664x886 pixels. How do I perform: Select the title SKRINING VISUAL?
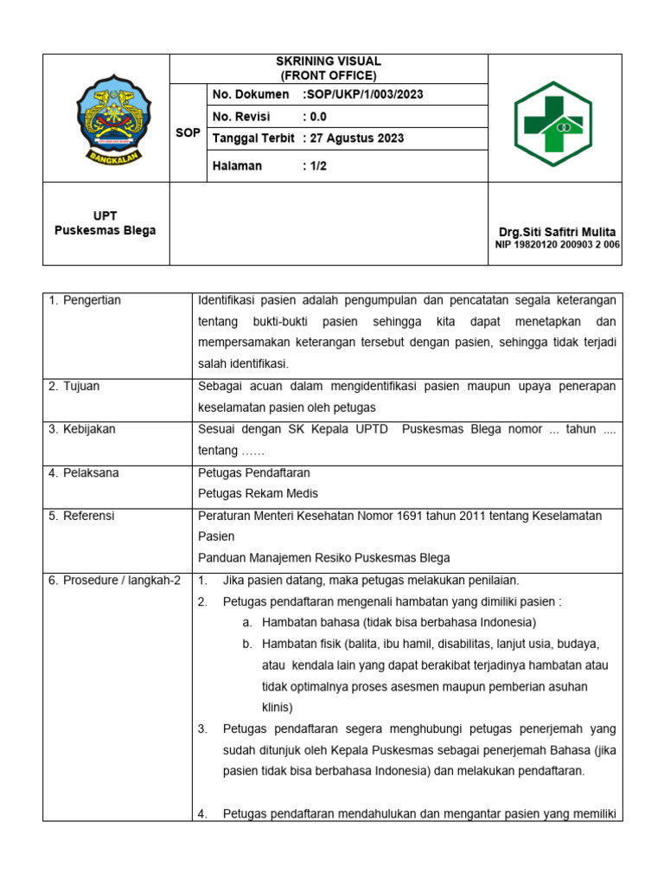coord(328,61)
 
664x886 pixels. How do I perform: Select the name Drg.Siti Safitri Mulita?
coord(557,232)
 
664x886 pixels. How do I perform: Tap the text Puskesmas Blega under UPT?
coord(105,230)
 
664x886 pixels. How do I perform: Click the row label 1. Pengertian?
coord(85,300)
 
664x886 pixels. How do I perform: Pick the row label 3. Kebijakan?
coord(82,429)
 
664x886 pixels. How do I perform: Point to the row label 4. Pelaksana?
coord(84,472)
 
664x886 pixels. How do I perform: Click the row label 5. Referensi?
coord(82,516)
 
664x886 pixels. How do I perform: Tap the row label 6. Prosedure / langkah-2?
coord(114,580)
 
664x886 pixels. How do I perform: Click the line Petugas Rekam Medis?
coord(258,493)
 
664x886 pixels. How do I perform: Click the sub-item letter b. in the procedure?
coord(247,644)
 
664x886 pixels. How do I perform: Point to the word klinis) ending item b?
coord(278,707)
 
